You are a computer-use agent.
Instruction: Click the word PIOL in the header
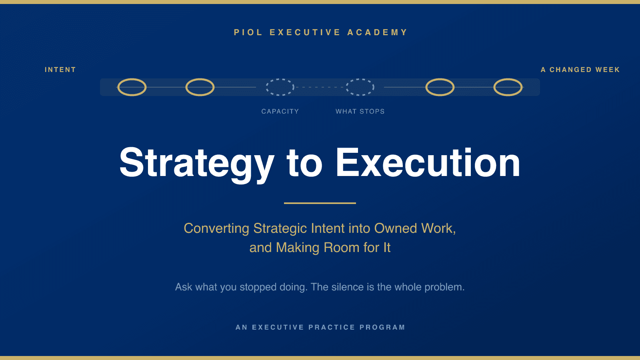[x=248, y=32]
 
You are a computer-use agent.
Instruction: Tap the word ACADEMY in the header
[x=377, y=32]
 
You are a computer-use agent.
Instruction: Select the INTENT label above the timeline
[x=60, y=70]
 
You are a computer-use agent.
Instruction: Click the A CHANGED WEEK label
[x=580, y=70]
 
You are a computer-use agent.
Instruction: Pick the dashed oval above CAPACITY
[x=266, y=87]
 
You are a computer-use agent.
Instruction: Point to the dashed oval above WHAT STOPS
[x=346, y=87]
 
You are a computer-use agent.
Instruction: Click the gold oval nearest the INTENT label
[x=118, y=87]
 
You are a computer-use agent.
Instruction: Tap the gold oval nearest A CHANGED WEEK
[x=522, y=87]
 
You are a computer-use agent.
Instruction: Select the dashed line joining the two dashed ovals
[x=320, y=87]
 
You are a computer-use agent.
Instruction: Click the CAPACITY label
[x=280, y=112]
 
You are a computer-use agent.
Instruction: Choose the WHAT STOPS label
[x=360, y=112]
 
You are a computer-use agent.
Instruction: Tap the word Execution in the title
[x=428, y=162]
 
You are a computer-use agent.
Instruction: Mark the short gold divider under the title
[x=320, y=203]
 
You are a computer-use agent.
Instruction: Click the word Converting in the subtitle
[x=216, y=229]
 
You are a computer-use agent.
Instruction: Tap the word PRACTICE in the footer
[x=332, y=327]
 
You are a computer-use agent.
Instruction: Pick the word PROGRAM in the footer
[x=382, y=327]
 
